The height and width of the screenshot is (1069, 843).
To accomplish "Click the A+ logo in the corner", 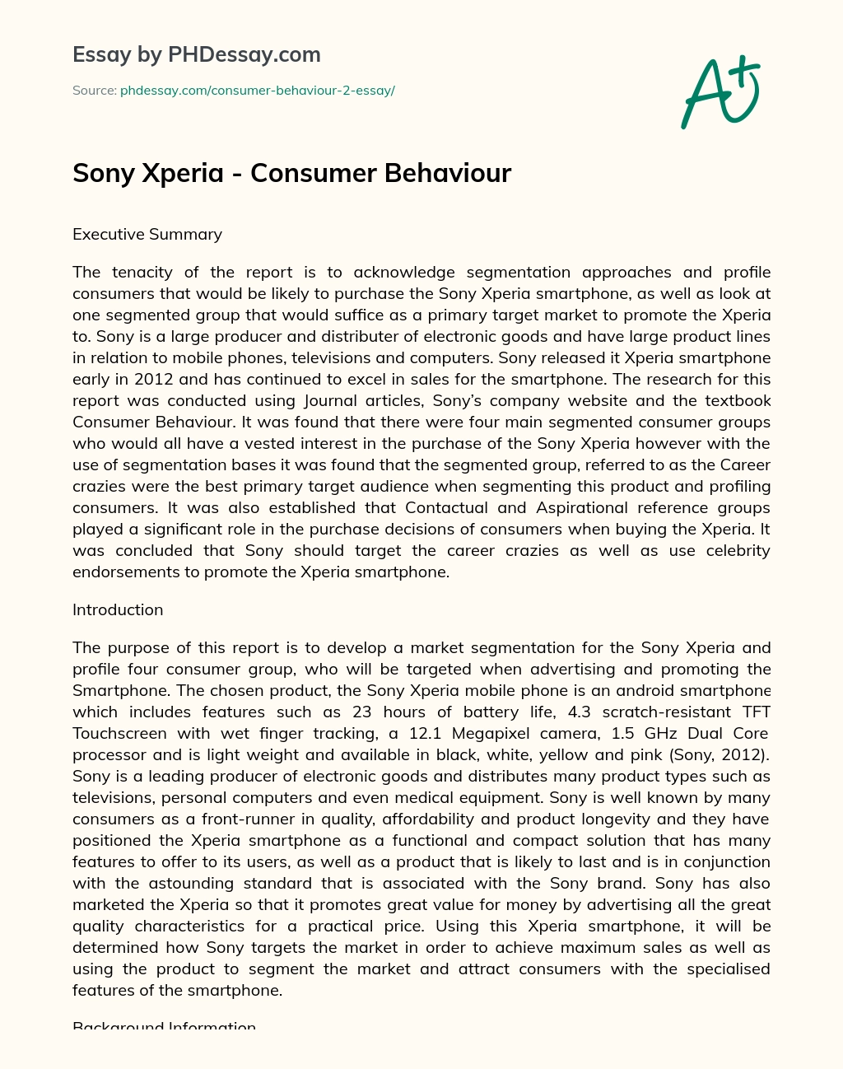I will tap(720, 92).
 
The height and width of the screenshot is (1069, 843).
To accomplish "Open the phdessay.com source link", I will tap(257, 91).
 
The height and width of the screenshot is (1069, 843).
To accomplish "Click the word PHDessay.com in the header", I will tap(244, 55).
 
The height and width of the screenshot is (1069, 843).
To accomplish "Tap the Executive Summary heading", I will tap(147, 235).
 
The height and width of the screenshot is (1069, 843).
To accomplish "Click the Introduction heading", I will tap(118, 610).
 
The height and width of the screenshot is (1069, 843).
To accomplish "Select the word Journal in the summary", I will tap(332, 401).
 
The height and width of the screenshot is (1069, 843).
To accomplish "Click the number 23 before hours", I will tap(362, 712).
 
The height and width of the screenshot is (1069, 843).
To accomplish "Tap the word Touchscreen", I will tap(121, 734).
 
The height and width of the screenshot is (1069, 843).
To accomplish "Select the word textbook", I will tap(731, 401).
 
